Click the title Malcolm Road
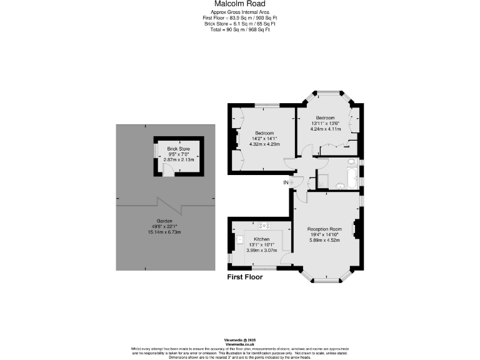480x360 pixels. [x=239, y=4]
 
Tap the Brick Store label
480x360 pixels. [x=178, y=149]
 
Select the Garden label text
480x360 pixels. [x=164, y=221]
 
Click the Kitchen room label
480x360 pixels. [x=261, y=239]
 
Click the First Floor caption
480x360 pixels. [x=244, y=277]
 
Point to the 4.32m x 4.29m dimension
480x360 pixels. [x=265, y=144]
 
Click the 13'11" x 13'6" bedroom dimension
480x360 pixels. [x=325, y=123]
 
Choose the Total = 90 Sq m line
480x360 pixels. [x=239, y=30]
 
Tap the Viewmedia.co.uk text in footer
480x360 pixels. [x=239, y=344]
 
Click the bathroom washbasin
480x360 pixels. [x=339, y=185]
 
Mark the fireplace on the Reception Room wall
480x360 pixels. [x=356, y=229]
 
